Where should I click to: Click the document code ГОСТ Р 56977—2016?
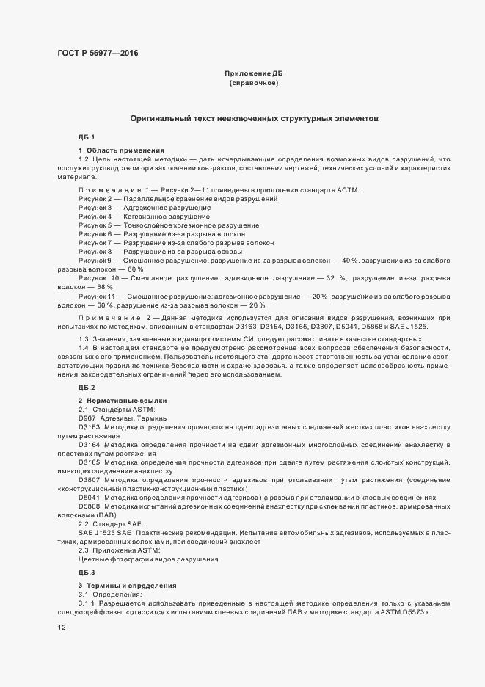click(97, 53)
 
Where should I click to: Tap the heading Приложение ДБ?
click(253, 74)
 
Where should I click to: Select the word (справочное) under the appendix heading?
click(253, 84)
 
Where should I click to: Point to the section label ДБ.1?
click(87, 138)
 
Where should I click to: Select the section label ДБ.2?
click(87, 387)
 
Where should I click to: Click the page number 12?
click(62, 628)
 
